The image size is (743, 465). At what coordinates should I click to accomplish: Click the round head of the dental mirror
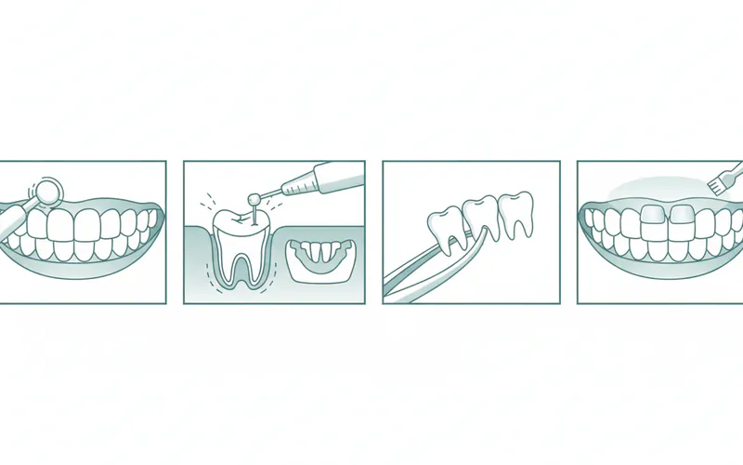[x=47, y=191]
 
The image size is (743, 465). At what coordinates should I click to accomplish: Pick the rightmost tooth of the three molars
[x=515, y=211]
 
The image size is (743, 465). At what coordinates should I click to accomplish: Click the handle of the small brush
[x=736, y=168]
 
